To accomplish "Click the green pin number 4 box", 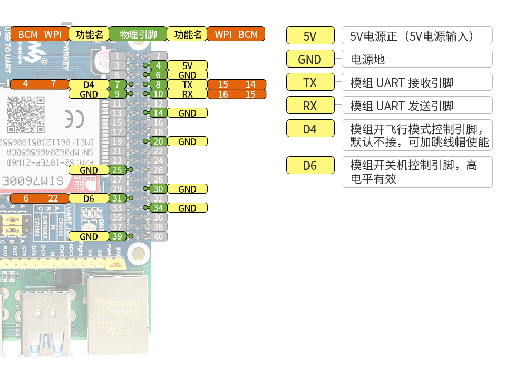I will tap(158, 65).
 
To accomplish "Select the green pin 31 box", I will tap(118, 198).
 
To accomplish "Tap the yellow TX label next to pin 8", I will tap(187, 84).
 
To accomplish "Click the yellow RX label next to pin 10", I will tap(187, 94).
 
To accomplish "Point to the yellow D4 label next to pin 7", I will tap(89, 84).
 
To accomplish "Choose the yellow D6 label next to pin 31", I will tap(89, 198).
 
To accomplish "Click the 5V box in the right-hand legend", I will tap(310, 36).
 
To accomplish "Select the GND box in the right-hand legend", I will tap(310, 59).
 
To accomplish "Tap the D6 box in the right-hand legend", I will tap(310, 165).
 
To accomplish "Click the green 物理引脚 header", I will tap(138, 35).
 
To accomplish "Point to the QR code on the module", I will tap(25, 114).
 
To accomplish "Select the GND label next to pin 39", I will tap(89, 236).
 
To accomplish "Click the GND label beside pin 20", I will tap(187, 141).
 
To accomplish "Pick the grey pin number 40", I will tap(158, 236).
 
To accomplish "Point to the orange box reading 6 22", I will tap(39, 198).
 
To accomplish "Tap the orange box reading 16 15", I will tap(237, 94).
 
